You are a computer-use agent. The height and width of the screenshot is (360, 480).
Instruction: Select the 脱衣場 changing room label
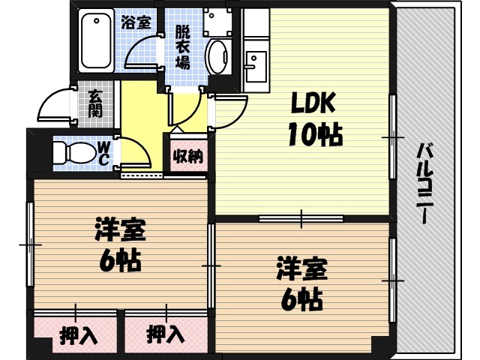coord(182,46)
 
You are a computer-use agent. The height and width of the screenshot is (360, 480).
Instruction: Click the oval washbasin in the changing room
coord(218,57)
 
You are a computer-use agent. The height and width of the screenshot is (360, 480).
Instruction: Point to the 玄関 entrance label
coord(95,103)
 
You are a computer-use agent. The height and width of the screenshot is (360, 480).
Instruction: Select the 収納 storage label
coord(187,157)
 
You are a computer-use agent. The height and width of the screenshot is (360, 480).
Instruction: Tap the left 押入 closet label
coord(78,334)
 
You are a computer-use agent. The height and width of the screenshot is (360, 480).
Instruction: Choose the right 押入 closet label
coord(165,334)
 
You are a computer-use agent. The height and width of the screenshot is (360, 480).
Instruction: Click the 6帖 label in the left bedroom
coord(120,260)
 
